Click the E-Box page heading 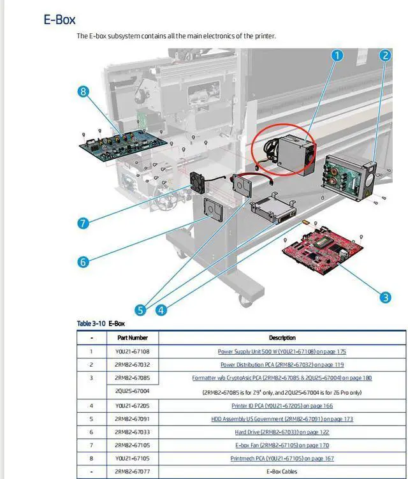tap(59, 19)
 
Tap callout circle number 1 tap(337, 55)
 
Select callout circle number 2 tap(384, 55)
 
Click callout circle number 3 tap(384, 297)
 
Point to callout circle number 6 tap(82, 261)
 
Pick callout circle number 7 tap(82, 223)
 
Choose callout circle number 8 tap(82, 91)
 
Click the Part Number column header tap(132, 337)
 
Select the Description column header tap(282, 337)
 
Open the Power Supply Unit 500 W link tap(282, 351)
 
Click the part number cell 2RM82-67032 tap(132, 365)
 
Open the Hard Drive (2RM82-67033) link tap(282, 432)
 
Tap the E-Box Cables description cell tap(282, 472)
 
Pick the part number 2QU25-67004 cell tap(132, 392)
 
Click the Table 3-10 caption tap(101, 323)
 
